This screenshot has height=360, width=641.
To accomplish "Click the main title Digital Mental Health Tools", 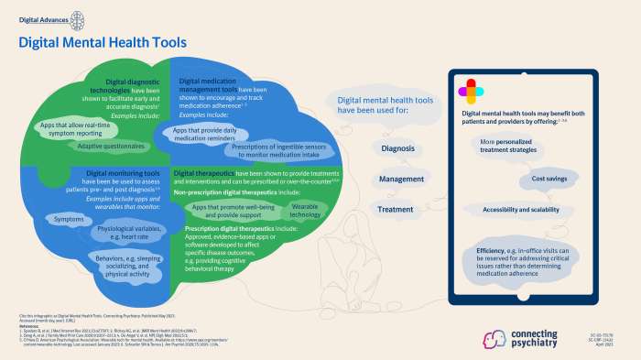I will (103, 42).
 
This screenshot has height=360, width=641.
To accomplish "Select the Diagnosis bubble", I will (397, 147).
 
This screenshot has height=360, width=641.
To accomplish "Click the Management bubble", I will (397, 179).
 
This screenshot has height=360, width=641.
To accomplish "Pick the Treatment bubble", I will (396, 210).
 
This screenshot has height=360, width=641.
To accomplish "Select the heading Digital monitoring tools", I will (122, 171).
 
